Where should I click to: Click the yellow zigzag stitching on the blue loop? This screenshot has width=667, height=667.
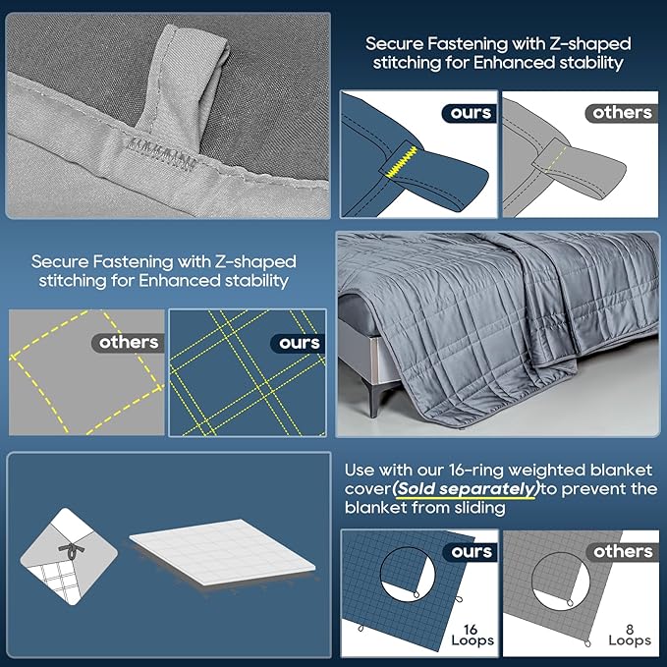pyautogui.click(x=400, y=162)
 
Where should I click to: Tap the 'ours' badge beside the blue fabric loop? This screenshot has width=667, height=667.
pyautogui.click(x=471, y=113)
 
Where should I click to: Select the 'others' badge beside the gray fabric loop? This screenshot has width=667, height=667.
pyautogui.click(x=622, y=113)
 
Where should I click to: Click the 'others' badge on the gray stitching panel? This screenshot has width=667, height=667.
pyautogui.click(x=128, y=343)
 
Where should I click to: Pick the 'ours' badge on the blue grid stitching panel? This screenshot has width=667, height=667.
pyautogui.click(x=299, y=343)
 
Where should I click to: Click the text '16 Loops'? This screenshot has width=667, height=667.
pyautogui.click(x=472, y=635)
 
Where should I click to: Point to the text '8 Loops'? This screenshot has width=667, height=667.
pyautogui.click(x=630, y=635)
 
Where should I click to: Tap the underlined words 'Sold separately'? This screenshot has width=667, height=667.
pyautogui.click(x=466, y=489)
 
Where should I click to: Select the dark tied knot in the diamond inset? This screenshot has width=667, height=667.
pyautogui.click(x=71, y=551)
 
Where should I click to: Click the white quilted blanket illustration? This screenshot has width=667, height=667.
pyautogui.click(x=222, y=552)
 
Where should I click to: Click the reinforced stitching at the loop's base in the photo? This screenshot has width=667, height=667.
pyautogui.click(x=162, y=152)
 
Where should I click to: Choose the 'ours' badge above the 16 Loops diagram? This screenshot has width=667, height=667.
pyautogui.click(x=471, y=552)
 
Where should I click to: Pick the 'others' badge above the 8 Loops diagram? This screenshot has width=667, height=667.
pyautogui.click(x=623, y=552)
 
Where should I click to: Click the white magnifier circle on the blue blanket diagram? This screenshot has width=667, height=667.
pyautogui.click(x=408, y=574)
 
